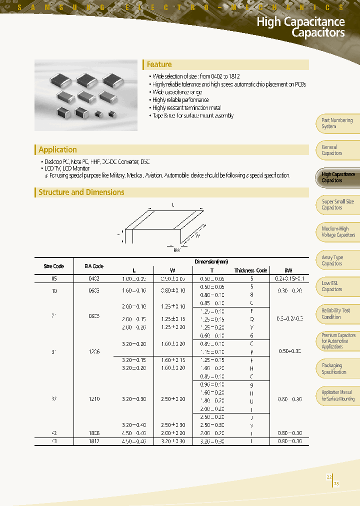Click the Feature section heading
pos(159,64)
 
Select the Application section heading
pos(57,149)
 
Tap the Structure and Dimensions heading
pos(81,192)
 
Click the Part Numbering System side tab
pos(337,123)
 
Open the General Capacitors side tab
pos(332,150)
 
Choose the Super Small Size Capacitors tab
pos(337,204)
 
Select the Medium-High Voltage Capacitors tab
pos(338,231)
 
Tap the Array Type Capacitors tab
pos(332,260)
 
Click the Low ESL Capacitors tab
pos(332,286)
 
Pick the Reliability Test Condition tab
pos(336,313)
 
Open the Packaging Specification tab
pos(334,368)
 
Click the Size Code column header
pos(54,266)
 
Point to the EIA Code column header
pos(94,266)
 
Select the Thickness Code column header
pos(251,270)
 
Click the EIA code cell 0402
pos(94,278)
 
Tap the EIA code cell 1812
pos(94,441)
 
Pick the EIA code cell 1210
pos(94,399)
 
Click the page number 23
pos(336,483)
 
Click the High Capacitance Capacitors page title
pos(300,27)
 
